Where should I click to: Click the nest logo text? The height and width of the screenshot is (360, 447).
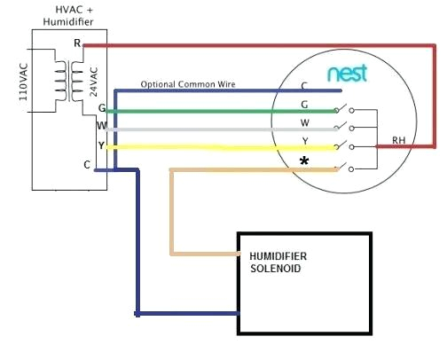point(347,74)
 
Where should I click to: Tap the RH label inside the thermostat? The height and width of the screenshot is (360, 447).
point(398,140)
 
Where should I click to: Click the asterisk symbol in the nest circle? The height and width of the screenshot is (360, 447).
point(304,161)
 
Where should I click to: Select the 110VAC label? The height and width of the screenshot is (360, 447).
point(25,82)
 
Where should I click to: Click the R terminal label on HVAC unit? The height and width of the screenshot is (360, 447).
point(76,43)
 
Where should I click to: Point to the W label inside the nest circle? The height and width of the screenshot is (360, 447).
point(304,123)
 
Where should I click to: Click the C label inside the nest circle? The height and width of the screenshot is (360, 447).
point(304,87)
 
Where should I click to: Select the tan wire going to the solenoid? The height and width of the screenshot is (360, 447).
point(172,213)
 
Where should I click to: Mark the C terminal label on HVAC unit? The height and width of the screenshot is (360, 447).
point(86,165)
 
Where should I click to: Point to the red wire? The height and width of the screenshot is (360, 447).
point(266,43)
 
